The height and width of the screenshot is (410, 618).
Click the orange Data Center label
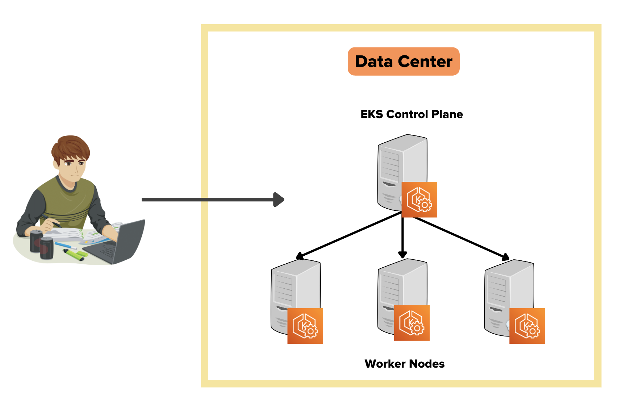coord(404,61)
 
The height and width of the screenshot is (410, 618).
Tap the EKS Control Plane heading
coord(412,114)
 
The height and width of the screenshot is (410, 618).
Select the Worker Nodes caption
coord(405,364)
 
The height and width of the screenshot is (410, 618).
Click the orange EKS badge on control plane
coord(419,200)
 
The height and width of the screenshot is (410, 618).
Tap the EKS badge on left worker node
coord(305,326)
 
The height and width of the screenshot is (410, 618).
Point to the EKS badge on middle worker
coord(412,323)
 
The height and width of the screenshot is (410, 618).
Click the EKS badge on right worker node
coord(527,326)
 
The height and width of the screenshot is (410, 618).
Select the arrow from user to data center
coord(213,200)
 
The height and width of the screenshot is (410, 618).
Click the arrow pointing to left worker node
coord(348,235)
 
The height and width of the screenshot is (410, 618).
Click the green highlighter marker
coord(74,255)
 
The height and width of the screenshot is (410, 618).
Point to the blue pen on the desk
coord(66,245)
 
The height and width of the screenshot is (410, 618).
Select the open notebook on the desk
coord(83,235)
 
